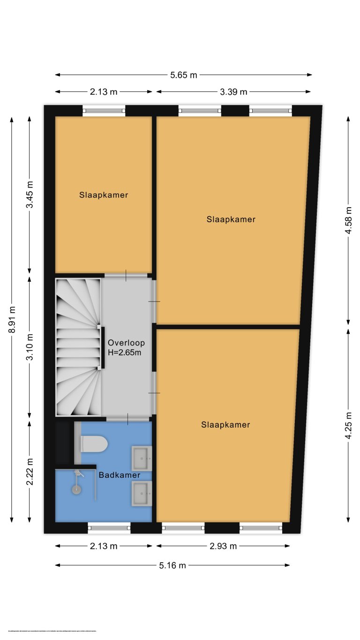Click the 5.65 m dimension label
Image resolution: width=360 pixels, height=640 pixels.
(183, 75)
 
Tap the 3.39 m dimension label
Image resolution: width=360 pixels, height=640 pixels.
(234, 92)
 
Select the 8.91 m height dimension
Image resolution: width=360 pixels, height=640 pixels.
(12, 319)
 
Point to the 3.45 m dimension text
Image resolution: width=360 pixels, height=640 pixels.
(30, 195)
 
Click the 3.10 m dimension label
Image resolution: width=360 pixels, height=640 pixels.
(30, 347)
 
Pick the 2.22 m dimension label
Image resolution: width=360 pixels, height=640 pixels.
(30, 471)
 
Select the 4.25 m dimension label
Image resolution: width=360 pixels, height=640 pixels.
(348, 424)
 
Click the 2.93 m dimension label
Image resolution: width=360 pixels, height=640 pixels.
(223, 546)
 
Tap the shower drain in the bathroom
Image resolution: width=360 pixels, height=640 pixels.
(76, 489)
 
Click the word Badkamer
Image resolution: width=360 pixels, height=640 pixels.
(119, 475)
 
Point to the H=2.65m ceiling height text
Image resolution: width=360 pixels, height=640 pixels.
(124, 353)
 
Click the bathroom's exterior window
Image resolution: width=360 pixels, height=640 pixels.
(109, 528)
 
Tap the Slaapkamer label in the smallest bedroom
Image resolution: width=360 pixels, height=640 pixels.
(104, 195)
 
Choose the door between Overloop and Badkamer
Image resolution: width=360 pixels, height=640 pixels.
(127, 418)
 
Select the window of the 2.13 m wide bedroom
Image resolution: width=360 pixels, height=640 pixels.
(104, 111)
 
